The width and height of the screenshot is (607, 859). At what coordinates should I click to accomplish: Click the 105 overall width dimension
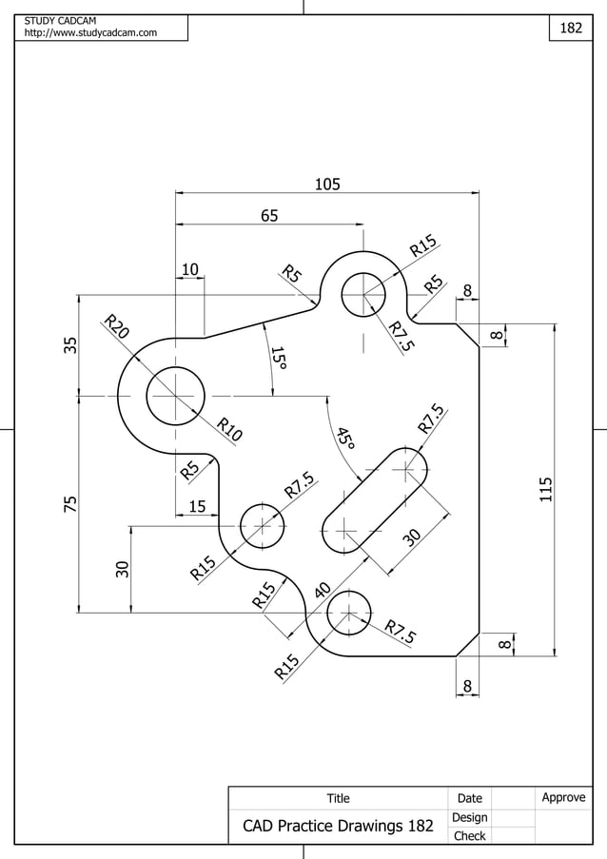[x=327, y=184]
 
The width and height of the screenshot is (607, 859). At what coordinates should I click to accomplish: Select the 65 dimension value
[x=269, y=216]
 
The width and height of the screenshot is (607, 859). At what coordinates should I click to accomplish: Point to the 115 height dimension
[x=545, y=490]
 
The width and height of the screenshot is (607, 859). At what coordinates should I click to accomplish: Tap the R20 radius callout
[x=116, y=325]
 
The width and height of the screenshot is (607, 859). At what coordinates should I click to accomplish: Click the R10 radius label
[x=228, y=430]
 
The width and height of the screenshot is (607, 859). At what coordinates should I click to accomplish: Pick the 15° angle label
[x=278, y=359]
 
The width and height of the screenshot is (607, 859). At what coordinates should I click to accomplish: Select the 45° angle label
[x=344, y=438]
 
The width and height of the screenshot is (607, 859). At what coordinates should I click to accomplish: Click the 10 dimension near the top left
[x=190, y=270]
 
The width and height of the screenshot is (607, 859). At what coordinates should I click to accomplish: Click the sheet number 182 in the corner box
[x=570, y=29]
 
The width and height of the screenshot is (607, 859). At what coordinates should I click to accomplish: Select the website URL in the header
[x=90, y=34]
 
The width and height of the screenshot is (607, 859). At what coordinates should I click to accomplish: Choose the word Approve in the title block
[x=563, y=797]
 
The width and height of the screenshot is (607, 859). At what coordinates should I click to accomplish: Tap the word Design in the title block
[x=469, y=817]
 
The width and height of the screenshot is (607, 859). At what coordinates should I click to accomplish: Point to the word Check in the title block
[x=469, y=836]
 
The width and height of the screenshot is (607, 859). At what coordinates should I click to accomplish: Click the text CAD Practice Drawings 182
[x=338, y=826]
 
